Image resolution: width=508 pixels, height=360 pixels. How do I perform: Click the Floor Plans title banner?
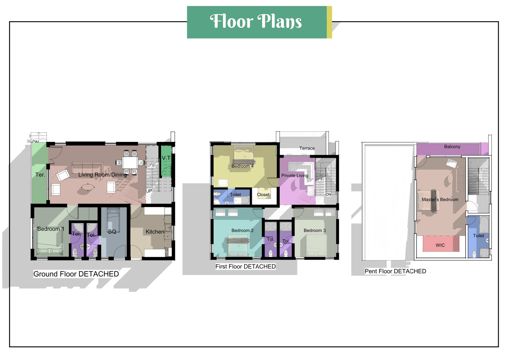pos(259,22)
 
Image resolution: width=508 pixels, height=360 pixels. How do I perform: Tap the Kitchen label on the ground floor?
pos(155,232)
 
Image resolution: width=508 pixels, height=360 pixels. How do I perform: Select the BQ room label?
pos(112,232)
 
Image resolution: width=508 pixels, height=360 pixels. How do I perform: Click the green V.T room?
pos(166,161)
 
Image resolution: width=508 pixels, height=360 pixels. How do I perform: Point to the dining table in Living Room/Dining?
pos(130,162)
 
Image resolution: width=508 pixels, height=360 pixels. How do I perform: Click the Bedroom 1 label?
pos(51,229)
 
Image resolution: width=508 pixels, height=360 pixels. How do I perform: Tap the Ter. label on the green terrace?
pos(40,175)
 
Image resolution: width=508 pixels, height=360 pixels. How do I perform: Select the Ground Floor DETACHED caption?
pos(76,274)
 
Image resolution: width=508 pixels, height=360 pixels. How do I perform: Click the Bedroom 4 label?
pos(242,166)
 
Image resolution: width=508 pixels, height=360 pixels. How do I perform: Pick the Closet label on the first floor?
pos(263,195)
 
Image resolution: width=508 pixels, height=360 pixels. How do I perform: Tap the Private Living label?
pos(295,176)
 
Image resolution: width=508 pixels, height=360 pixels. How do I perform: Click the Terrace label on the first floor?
pos(307,148)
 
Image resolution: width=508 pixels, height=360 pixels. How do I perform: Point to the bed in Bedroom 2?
pos(239,246)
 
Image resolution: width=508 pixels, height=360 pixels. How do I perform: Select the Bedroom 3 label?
pos(315,230)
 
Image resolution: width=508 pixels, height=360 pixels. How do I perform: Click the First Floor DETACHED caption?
pos(246,266)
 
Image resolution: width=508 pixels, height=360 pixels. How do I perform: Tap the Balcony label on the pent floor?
pos(452,146)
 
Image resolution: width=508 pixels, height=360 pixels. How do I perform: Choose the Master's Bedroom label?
pos(440,200)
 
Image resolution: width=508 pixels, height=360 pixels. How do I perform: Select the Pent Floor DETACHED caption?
pos(395,271)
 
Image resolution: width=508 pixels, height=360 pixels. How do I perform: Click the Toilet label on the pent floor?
pos(478,236)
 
